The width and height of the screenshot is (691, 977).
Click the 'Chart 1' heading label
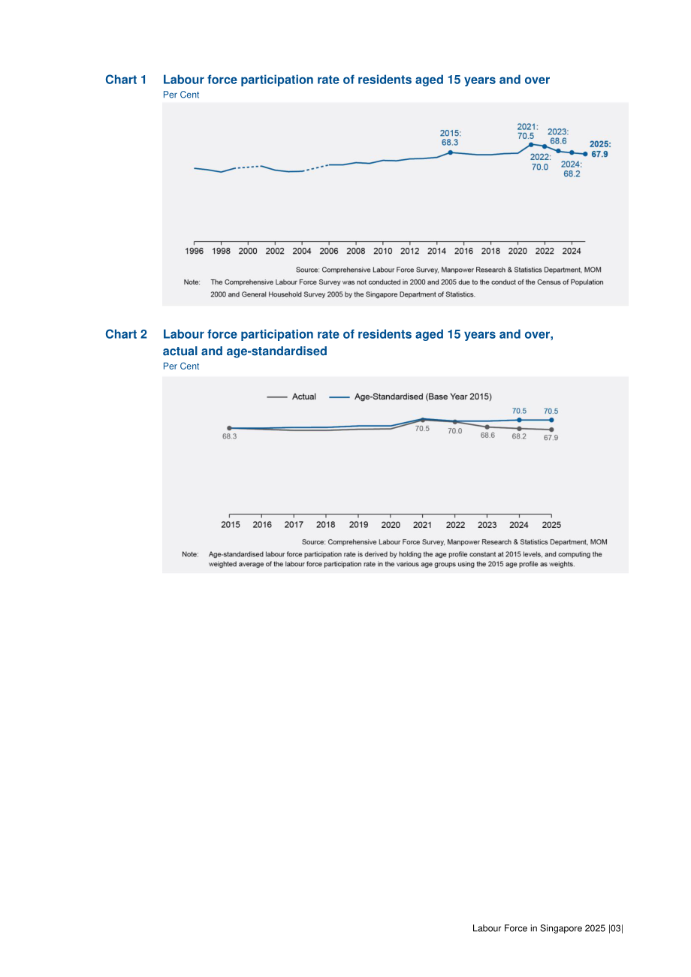(x=125, y=80)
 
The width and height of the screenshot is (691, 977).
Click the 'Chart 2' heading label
(x=126, y=334)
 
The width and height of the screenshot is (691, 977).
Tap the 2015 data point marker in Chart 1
(x=450, y=152)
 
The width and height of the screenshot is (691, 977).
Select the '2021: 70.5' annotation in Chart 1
(x=527, y=131)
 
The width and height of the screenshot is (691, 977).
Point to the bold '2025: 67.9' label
(x=600, y=149)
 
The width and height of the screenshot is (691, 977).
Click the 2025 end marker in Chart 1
(x=585, y=154)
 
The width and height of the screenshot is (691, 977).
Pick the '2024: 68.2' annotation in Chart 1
(x=572, y=169)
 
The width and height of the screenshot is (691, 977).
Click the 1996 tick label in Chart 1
(x=194, y=252)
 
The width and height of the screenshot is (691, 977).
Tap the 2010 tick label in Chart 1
(x=382, y=252)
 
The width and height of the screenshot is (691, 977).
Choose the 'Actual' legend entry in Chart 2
(x=291, y=397)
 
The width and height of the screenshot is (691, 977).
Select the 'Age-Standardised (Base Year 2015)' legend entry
(x=410, y=397)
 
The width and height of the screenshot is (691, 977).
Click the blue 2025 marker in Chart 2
(x=551, y=420)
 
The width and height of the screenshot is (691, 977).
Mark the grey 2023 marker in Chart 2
(x=487, y=427)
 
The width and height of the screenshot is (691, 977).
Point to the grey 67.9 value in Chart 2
(x=551, y=438)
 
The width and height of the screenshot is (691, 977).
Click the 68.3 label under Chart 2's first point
(x=230, y=436)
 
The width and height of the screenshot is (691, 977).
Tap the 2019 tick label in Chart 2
(x=358, y=525)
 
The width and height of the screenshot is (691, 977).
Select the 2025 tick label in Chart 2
(x=551, y=525)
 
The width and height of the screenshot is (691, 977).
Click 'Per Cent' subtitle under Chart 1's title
(x=181, y=95)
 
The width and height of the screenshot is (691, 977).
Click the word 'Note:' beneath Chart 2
(x=190, y=554)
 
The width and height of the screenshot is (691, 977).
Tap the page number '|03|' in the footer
(x=616, y=928)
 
